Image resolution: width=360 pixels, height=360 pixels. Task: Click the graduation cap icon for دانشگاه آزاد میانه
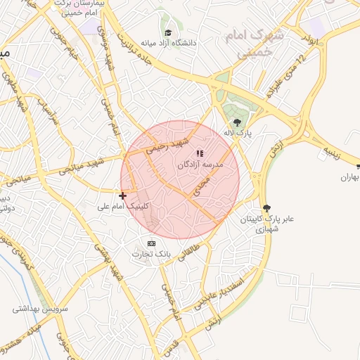tap(167, 33)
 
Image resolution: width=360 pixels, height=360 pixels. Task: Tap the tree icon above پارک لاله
tap(236, 122)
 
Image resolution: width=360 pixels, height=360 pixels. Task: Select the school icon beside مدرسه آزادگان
tap(200, 153)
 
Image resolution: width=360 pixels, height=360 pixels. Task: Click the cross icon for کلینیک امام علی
tap(123, 195)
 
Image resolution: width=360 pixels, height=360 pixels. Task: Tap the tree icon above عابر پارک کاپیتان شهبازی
tap(266, 207)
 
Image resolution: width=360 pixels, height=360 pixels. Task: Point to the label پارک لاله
tap(238, 132)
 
